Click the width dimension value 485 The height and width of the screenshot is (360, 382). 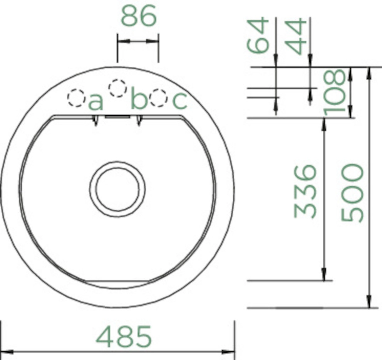124,336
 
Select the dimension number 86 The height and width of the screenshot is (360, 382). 139,16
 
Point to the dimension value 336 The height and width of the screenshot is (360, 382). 306,191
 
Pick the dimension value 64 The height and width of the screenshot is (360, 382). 258,35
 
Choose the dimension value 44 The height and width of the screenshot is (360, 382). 297,37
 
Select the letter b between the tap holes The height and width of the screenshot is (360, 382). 139,99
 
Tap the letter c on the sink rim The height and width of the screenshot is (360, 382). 179,101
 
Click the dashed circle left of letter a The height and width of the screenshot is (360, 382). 76,98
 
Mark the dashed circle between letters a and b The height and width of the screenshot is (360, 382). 118,88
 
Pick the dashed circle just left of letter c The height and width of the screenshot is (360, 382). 158,98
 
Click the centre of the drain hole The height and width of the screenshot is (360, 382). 117,189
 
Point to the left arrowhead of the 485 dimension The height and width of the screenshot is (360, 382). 5,352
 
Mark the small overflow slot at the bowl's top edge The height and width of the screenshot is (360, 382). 117,116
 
